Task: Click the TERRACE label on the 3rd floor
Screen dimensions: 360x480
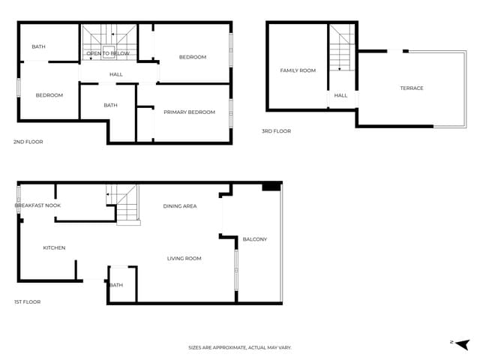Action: (411, 88)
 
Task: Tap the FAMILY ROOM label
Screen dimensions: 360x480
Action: (298, 70)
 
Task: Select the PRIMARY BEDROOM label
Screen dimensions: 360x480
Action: (189, 112)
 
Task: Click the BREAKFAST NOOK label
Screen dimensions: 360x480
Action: (37, 205)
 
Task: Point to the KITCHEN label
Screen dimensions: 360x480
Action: (54, 247)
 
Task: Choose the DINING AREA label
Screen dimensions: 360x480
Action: (180, 205)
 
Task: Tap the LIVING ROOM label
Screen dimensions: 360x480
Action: (184, 259)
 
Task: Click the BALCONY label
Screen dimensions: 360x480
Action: (254, 239)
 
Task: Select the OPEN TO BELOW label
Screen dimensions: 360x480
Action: (108, 54)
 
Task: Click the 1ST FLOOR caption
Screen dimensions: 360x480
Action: (27, 301)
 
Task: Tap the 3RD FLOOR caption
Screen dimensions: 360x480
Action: (276, 131)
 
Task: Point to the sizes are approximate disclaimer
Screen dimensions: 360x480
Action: (239, 347)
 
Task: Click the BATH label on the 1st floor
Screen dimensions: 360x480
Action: (116, 285)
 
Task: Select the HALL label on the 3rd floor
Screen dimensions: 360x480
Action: (340, 96)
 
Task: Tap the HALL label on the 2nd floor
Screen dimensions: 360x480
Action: (116, 74)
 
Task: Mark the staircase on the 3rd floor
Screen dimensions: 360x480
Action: (342, 49)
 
